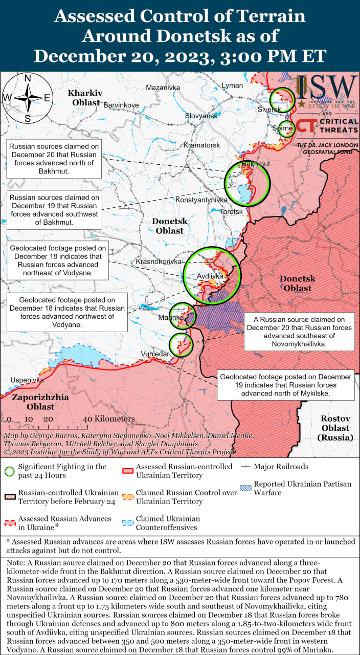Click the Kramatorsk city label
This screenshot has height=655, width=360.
pos(201,145)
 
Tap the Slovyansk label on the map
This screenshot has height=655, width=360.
pos(201,116)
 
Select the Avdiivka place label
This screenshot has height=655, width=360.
pos(210,276)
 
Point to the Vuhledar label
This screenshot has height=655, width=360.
pos(155,354)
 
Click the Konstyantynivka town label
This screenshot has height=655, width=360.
pos(201,200)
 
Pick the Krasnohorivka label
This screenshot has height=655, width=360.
pos(159,261)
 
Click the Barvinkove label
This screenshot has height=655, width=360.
pos(121,105)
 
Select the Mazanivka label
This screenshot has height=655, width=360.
pos(163,88)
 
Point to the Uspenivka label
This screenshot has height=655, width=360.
pos(27,380)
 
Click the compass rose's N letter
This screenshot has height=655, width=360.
pos(28,78)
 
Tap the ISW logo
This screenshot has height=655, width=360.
pos(327,92)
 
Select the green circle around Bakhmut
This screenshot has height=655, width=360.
pos(247,183)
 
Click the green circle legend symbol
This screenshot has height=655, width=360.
pos(9,471)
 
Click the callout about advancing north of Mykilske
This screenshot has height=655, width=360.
pos(286,385)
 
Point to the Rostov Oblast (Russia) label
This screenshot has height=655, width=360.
pos(335,428)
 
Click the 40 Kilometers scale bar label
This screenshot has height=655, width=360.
pos(108,419)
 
